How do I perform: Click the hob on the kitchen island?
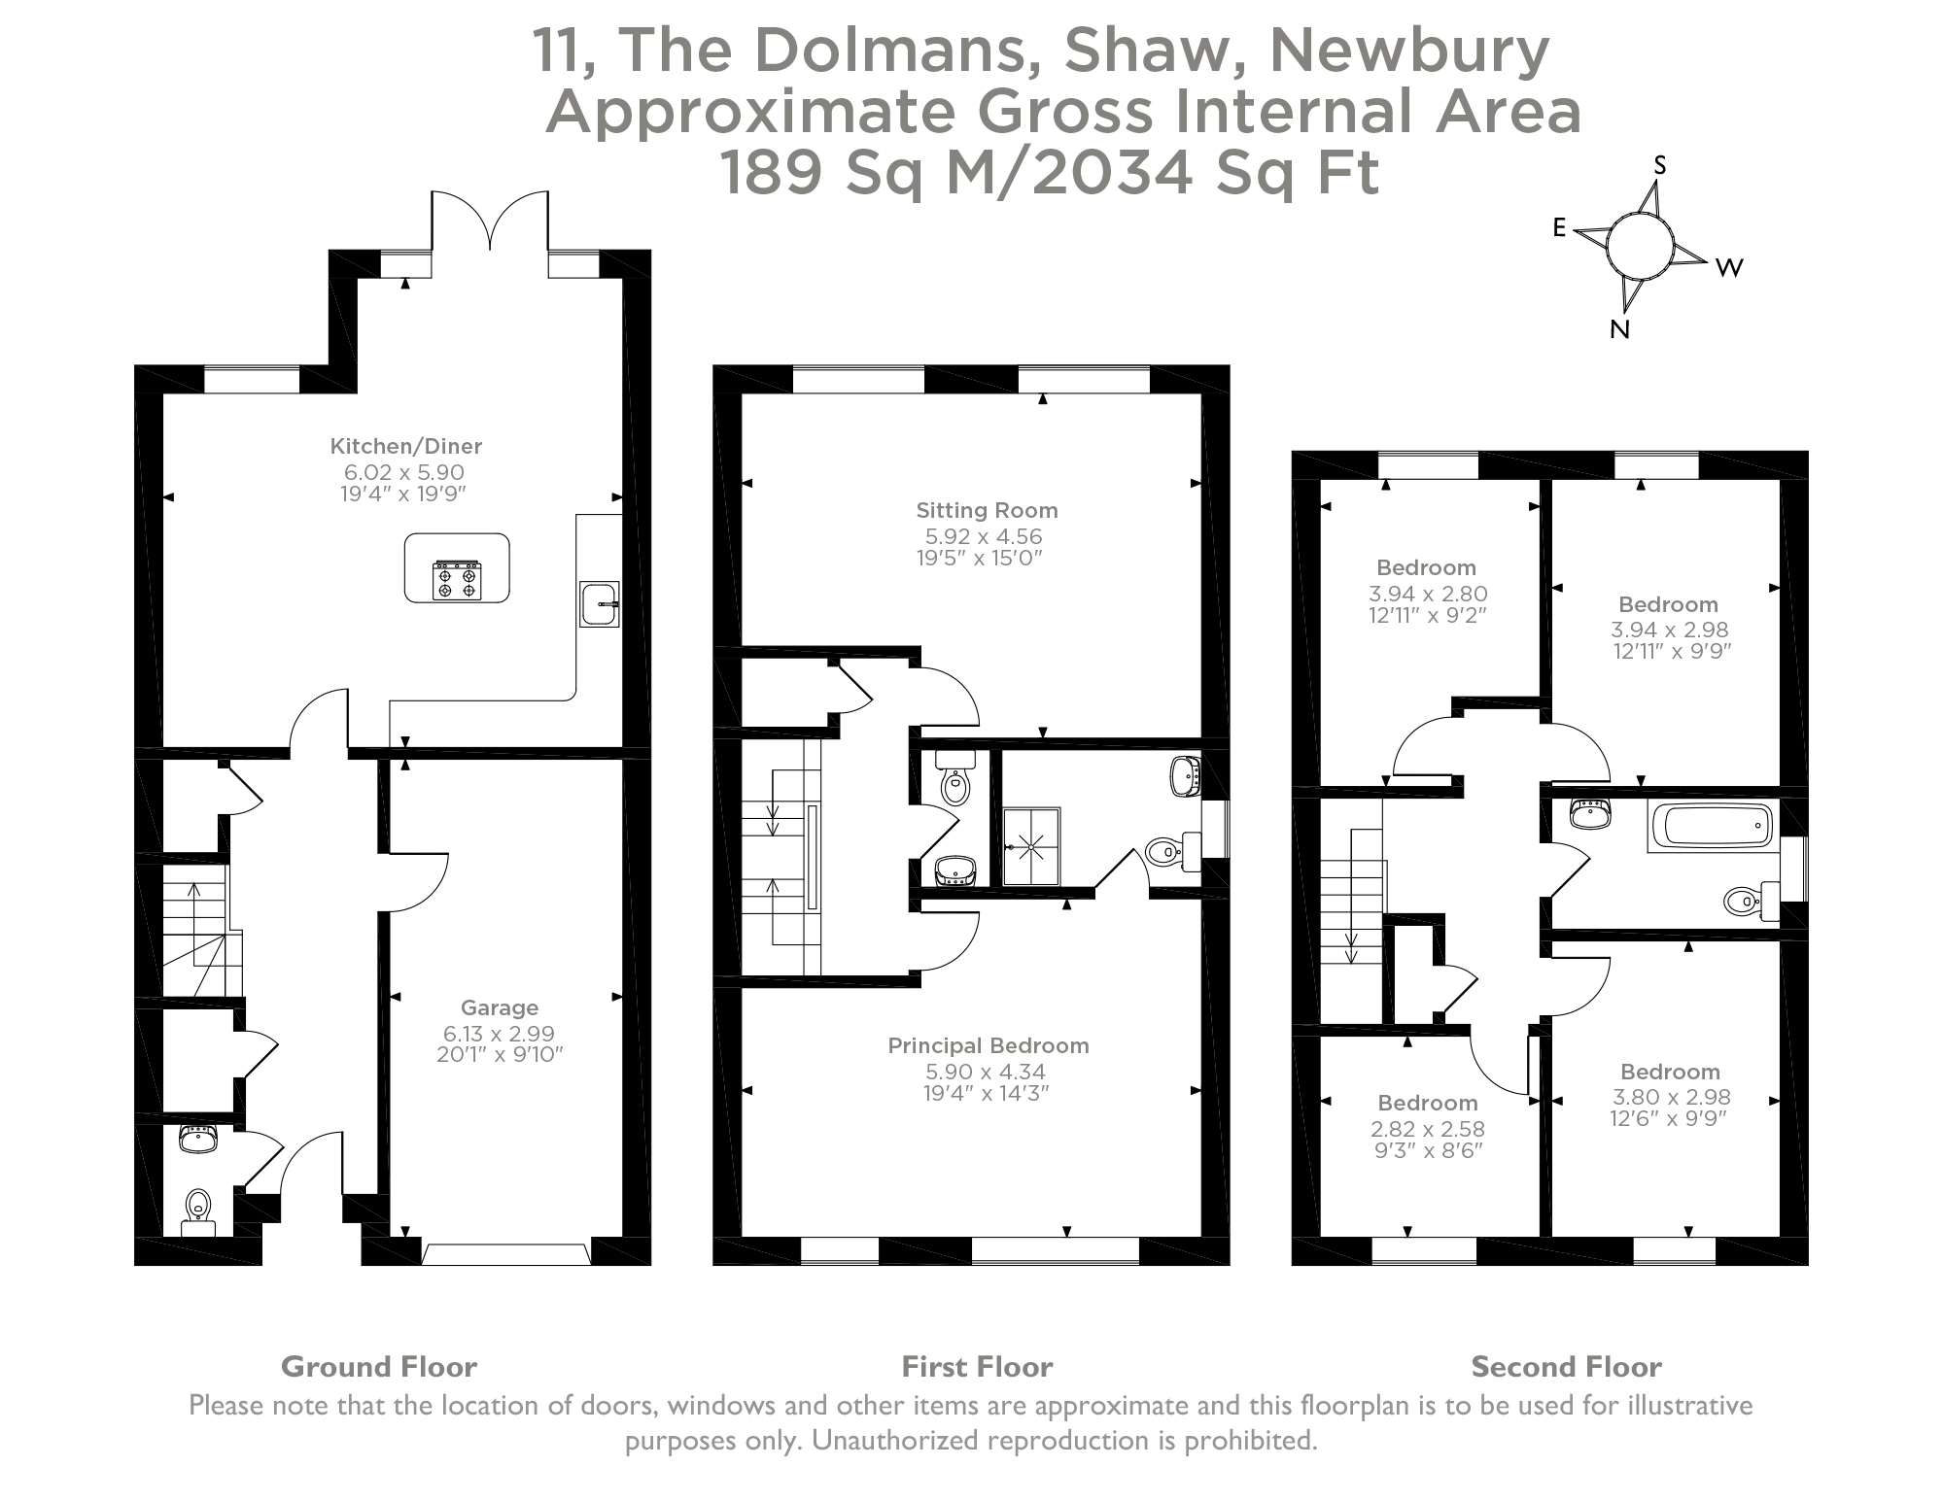[x=457, y=580]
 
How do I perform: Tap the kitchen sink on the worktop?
[x=598, y=603]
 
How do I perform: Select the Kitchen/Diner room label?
[x=405, y=446]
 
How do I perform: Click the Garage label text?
[x=499, y=1007]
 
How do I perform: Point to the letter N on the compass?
[x=1619, y=329]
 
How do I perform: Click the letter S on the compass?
[x=1660, y=166]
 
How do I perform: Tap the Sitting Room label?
[x=987, y=510]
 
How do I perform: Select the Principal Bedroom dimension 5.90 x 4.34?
[x=986, y=1072]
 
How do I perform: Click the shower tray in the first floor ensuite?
[x=1031, y=846]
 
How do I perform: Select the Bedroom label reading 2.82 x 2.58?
[x=1427, y=1103]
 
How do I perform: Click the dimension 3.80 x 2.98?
[x=1670, y=1097]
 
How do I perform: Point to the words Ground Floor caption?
[x=378, y=1367]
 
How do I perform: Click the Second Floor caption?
[x=1565, y=1367]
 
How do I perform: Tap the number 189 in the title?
[x=771, y=173]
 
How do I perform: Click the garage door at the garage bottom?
[x=505, y=1253]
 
